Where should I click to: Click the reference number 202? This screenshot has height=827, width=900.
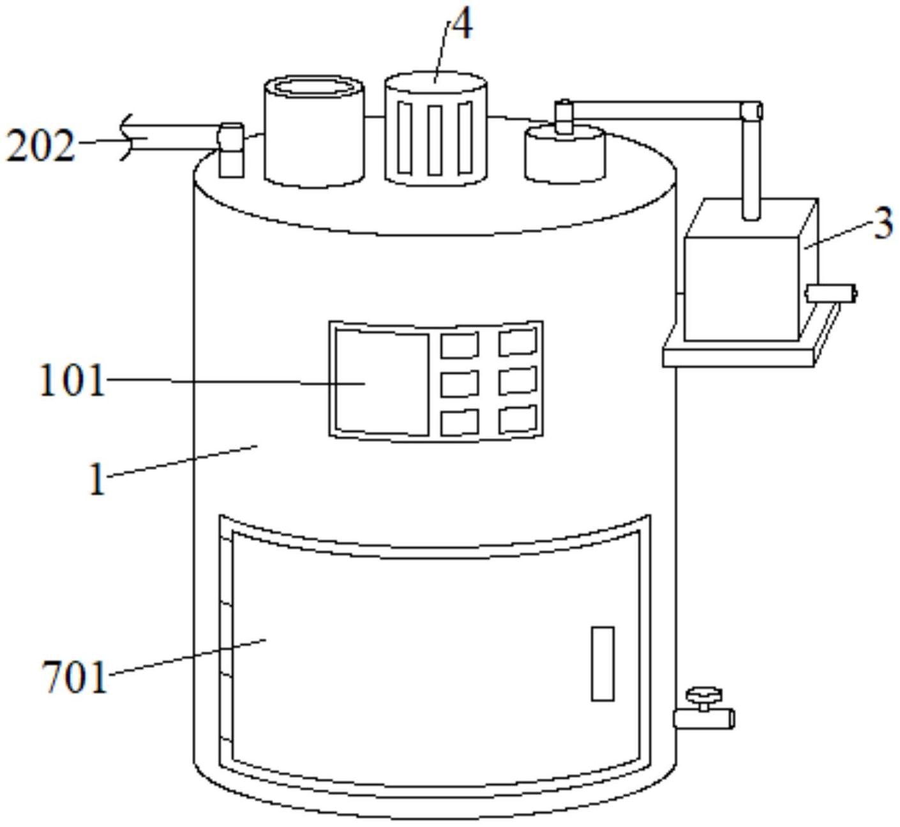tap(40, 146)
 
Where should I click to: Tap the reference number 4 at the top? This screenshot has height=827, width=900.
tap(461, 27)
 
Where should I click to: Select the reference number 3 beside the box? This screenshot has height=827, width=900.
tap(883, 224)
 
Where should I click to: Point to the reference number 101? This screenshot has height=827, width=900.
tap(71, 381)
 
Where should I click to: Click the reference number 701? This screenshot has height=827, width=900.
tap(74, 677)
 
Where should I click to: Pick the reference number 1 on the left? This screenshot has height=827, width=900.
tap(96, 480)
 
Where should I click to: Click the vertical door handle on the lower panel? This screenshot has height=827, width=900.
tap(603, 664)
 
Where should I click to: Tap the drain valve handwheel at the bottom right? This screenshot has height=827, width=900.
tap(703, 695)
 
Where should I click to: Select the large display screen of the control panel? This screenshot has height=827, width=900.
tap(382, 383)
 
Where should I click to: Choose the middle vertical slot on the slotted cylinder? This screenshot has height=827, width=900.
tap(435, 140)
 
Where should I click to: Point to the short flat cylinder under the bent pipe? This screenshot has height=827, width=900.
tap(564, 155)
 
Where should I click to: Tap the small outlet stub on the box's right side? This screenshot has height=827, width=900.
tap(831, 293)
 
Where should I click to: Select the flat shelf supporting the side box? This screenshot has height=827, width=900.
tap(740, 354)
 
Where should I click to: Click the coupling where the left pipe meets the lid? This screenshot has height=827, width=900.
tap(230, 149)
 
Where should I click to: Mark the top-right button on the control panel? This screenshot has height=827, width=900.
tap(518, 342)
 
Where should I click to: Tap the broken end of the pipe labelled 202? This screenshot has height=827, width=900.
tap(128, 138)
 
